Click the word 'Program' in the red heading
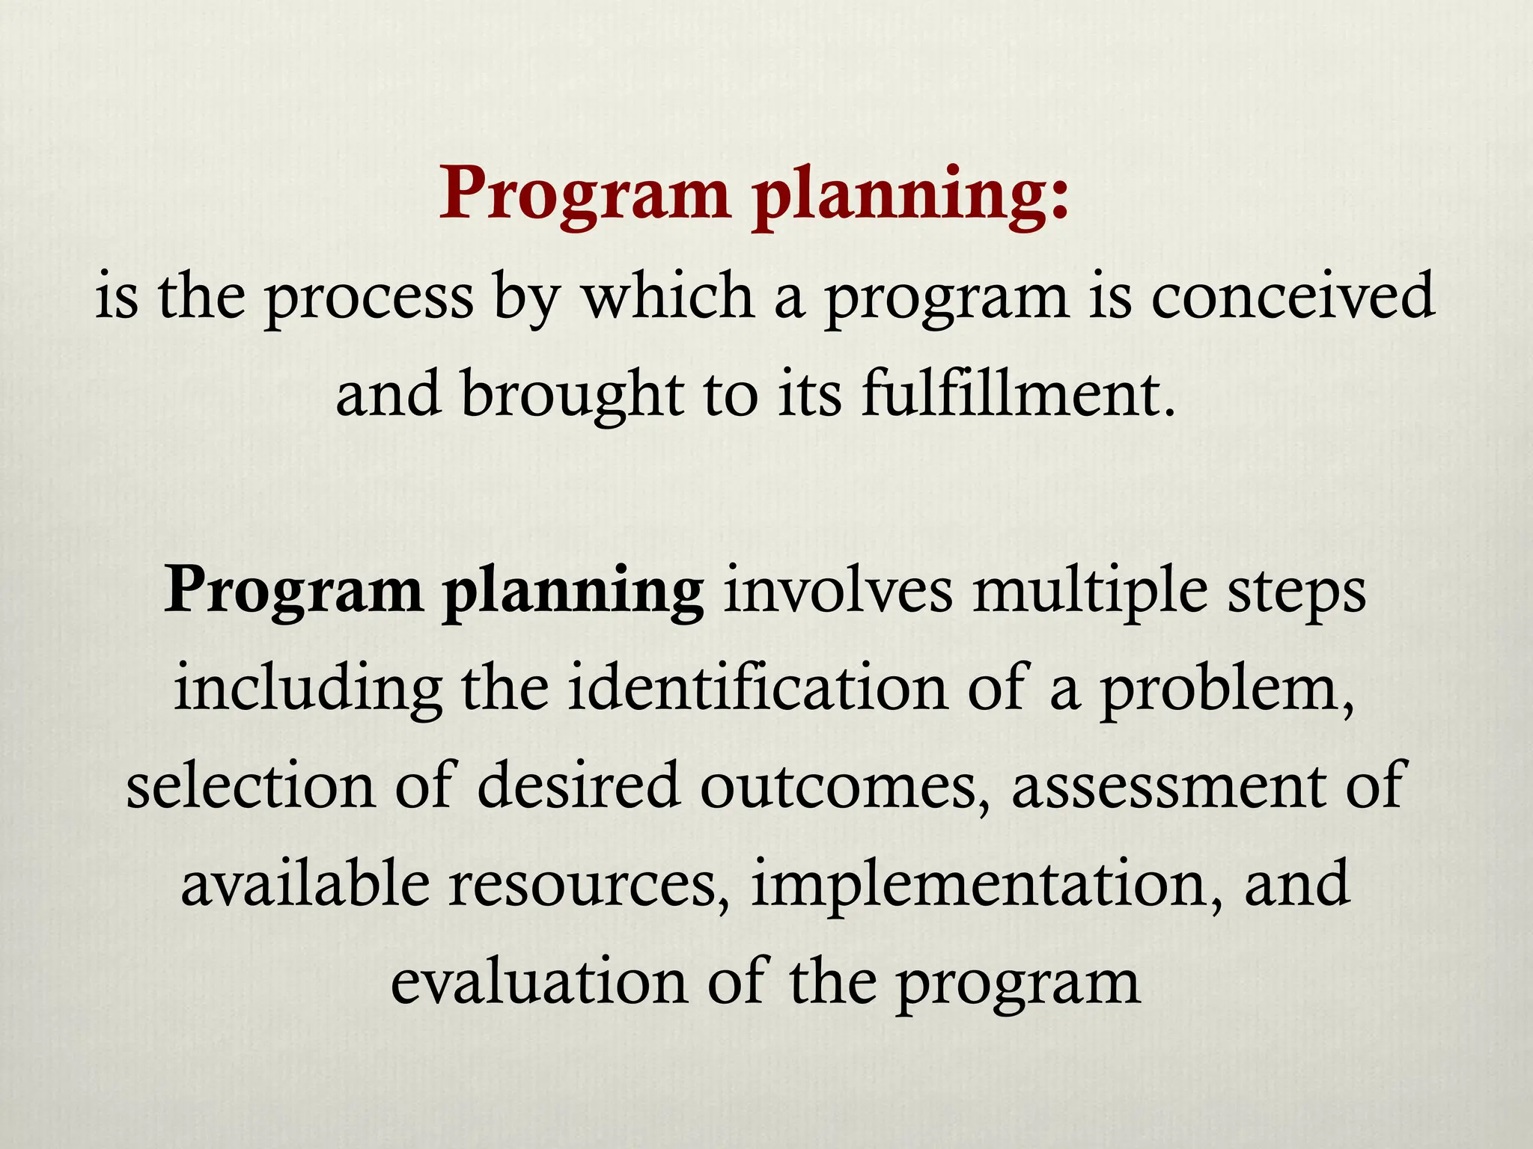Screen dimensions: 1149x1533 click(584, 194)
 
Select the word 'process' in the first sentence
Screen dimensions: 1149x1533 click(370, 299)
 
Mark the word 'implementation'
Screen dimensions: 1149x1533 click(981, 887)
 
